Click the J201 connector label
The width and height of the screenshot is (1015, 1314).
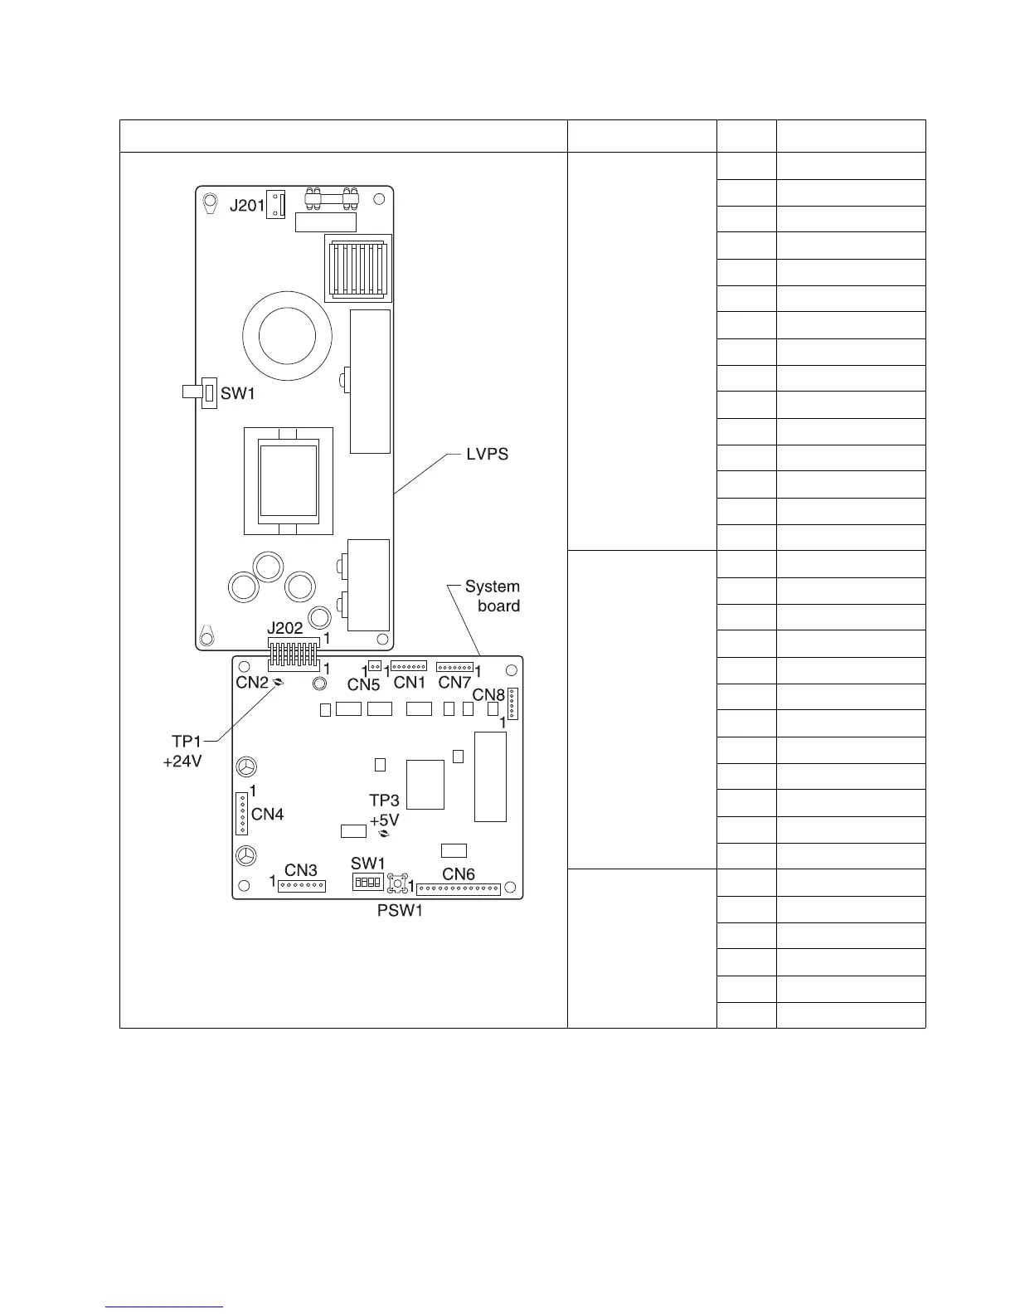pyautogui.click(x=246, y=204)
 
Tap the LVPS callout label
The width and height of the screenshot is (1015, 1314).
pyautogui.click(x=488, y=454)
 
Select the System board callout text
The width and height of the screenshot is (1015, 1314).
pyautogui.click(x=493, y=596)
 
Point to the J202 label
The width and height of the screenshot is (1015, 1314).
pyautogui.click(x=285, y=630)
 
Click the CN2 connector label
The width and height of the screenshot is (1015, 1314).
pyautogui.click(x=252, y=682)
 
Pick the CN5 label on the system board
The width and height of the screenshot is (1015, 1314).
pyautogui.click(x=363, y=684)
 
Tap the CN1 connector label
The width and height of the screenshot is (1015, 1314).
pyautogui.click(x=410, y=682)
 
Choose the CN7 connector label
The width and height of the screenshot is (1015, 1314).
pyautogui.click(x=454, y=682)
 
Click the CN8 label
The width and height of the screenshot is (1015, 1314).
pyautogui.click(x=488, y=694)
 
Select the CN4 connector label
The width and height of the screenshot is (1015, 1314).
pyautogui.click(x=268, y=814)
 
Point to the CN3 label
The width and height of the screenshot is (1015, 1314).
pyautogui.click(x=301, y=870)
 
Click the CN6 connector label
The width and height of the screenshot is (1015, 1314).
pyautogui.click(x=459, y=874)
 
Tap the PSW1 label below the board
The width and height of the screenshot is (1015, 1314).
pyautogui.click(x=395, y=914)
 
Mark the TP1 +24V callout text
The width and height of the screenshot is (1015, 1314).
pyautogui.click(x=182, y=752)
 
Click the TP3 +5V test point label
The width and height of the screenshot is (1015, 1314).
pyautogui.click(x=384, y=810)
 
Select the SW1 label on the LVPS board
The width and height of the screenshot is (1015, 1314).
pyautogui.click(x=238, y=394)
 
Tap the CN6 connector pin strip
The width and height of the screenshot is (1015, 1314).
pyautogui.click(x=459, y=889)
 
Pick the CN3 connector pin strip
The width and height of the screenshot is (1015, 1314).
pyautogui.click(x=302, y=886)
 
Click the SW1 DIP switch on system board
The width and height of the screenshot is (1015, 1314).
pyautogui.click(x=367, y=882)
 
